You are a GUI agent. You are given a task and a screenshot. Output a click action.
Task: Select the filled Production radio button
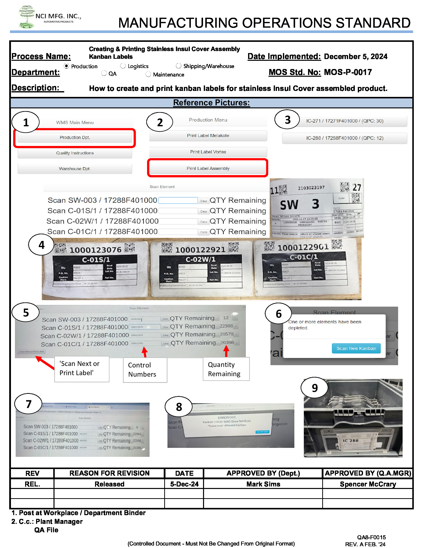click(66, 66)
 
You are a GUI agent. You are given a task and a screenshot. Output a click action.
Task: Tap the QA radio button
click(104, 73)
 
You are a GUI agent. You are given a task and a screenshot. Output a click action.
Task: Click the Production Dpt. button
click(75, 137)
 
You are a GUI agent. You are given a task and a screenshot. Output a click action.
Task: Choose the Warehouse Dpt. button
click(75, 169)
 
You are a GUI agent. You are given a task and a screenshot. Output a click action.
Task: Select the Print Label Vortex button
click(208, 152)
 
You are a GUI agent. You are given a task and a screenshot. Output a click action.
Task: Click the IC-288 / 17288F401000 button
click(345, 138)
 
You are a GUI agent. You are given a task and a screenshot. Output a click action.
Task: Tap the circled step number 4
click(41, 245)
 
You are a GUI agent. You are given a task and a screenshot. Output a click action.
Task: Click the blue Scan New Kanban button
click(356, 348)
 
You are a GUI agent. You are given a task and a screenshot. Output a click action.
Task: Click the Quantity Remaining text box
click(226, 369)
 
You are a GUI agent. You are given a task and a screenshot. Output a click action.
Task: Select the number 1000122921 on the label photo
click(200, 250)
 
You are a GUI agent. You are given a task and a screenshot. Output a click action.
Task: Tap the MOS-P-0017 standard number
click(348, 72)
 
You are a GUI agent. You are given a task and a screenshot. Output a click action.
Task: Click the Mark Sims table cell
click(263, 484)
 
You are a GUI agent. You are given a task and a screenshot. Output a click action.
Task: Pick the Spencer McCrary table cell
click(368, 484)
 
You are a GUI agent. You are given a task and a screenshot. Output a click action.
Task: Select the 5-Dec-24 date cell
click(184, 484)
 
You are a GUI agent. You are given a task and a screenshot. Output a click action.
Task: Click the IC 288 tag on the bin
click(351, 441)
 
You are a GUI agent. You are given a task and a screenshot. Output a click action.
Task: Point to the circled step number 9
click(315, 388)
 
